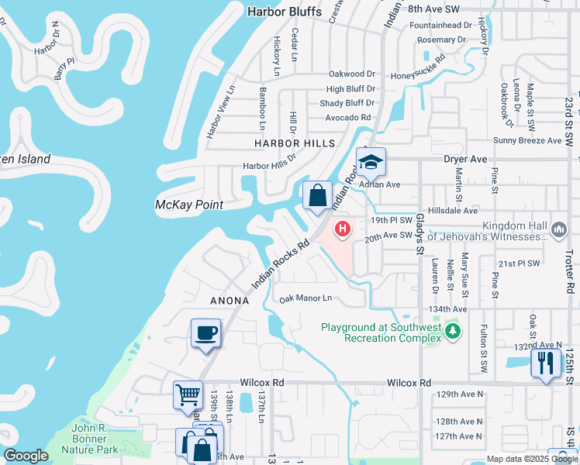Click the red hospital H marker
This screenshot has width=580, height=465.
[341, 229]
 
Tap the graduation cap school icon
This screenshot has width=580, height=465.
[371, 163]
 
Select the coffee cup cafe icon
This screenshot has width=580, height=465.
[205, 334]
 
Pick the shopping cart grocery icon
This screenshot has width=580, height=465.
[188, 395]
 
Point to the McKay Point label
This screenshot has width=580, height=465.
[188, 205]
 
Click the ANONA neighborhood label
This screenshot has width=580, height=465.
[229, 301]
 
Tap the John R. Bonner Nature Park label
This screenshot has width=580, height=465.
[95, 439]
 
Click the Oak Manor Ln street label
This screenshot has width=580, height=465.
[306, 298]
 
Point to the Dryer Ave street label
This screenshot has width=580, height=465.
[468, 159]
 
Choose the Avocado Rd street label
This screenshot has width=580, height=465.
[347, 118]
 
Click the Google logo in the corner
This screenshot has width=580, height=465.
[26, 456]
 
